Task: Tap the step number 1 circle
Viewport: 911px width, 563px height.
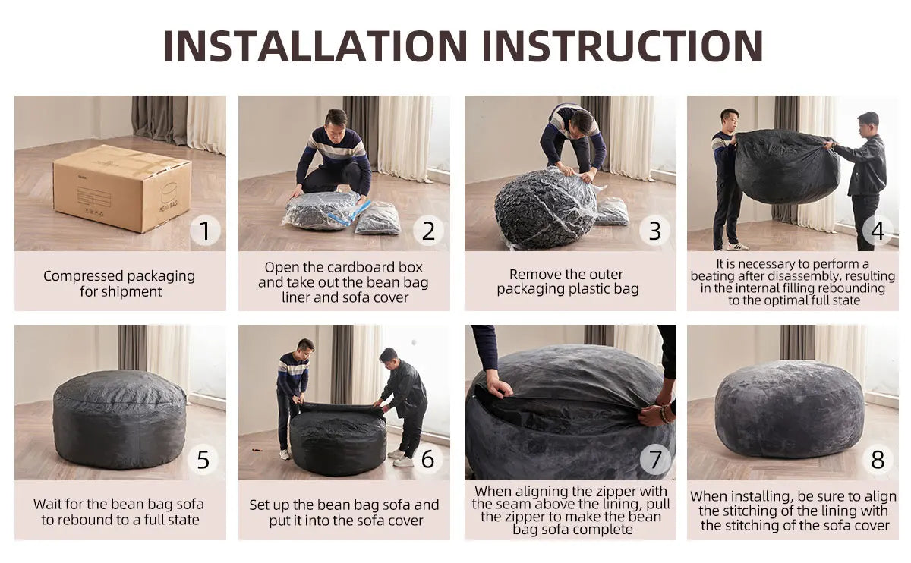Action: [x=204, y=230]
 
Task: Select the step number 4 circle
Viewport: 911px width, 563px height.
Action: [x=878, y=230]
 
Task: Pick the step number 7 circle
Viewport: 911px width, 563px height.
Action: [x=655, y=459]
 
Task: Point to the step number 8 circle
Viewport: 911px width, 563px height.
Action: [x=878, y=459]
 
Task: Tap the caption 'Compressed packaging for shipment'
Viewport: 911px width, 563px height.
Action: [x=119, y=283]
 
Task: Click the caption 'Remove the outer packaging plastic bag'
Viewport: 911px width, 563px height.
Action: [x=568, y=281]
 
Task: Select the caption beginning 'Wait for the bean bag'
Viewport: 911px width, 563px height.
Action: [x=119, y=511]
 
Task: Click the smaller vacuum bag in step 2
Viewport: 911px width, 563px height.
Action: [x=378, y=219]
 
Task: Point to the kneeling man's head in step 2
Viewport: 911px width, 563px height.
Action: [x=336, y=119]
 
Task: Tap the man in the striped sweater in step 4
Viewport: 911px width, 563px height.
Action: [x=727, y=178]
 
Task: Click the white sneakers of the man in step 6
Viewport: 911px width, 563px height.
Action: [x=400, y=458]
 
